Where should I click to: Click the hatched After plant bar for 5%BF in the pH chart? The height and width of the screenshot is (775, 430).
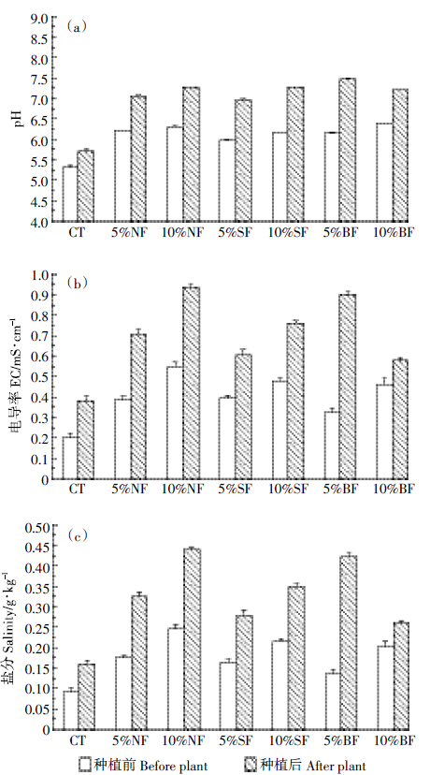347,150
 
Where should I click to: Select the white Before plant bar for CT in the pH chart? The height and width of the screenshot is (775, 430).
69,194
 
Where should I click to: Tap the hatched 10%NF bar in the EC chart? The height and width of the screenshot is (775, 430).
191,383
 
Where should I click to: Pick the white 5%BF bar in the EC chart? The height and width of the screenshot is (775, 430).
332,446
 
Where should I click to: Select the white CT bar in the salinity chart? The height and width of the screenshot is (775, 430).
71,710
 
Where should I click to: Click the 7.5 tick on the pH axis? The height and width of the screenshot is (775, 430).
42,79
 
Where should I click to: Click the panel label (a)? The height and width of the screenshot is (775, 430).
77,27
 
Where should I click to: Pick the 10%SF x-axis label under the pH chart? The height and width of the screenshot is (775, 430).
288,232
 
